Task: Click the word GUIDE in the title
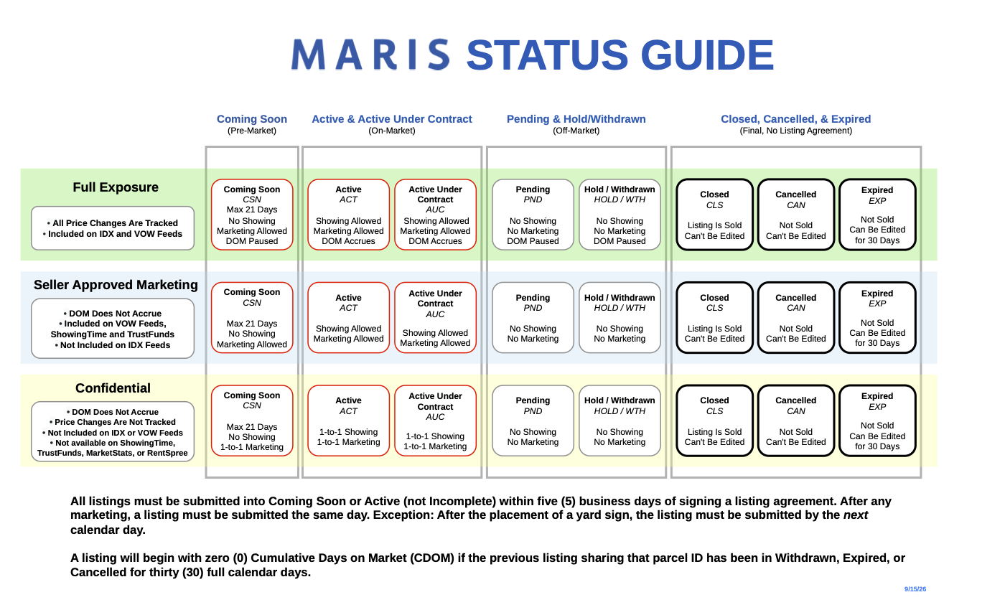click(707, 55)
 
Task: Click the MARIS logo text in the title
click(370, 55)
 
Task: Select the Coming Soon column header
click(252, 119)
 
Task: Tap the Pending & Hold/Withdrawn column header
click(576, 119)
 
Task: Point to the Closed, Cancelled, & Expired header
click(795, 119)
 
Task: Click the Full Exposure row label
click(116, 187)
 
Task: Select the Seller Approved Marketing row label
click(116, 285)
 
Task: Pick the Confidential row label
click(113, 388)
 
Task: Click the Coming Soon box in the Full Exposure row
click(252, 215)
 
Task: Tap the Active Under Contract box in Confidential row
click(435, 421)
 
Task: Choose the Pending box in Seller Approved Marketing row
click(533, 317)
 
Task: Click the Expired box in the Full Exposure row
click(877, 215)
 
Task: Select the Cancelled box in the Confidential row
click(796, 421)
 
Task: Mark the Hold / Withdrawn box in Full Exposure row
click(620, 215)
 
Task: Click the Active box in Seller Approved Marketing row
click(349, 317)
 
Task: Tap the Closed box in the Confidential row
click(715, 421)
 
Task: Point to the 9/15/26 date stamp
click(915, 589)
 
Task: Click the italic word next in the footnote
click(856, 515)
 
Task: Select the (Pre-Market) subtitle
click(252, 131)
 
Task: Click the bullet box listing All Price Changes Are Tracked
click(113, 228)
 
